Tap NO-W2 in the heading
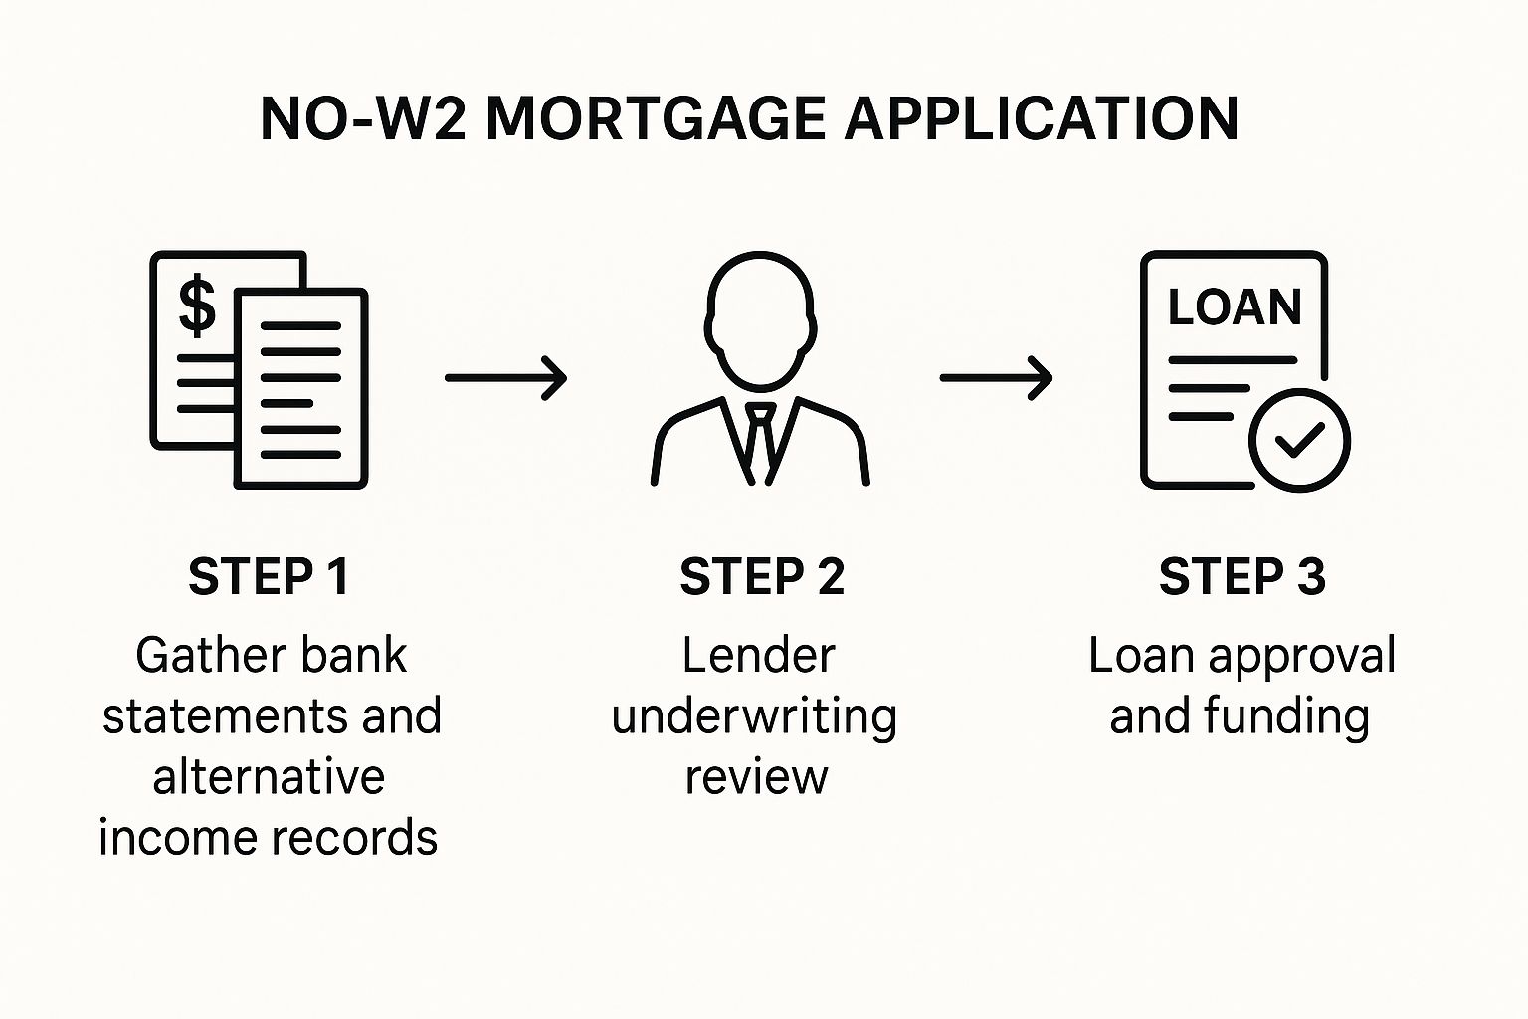point(361,119)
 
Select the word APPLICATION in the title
point(1041,119)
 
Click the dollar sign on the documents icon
point(197,306)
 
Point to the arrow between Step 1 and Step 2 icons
point(505,378)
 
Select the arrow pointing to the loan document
point(996,378)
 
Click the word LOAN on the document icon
point(1235,307)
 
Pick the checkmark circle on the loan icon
point(1299,440)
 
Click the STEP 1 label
point(269,577)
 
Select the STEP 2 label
point(762,577)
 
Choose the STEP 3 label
point(1241,577)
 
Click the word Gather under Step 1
point(196,656)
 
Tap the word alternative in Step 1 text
point(269,777)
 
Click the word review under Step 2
point(756,777)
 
